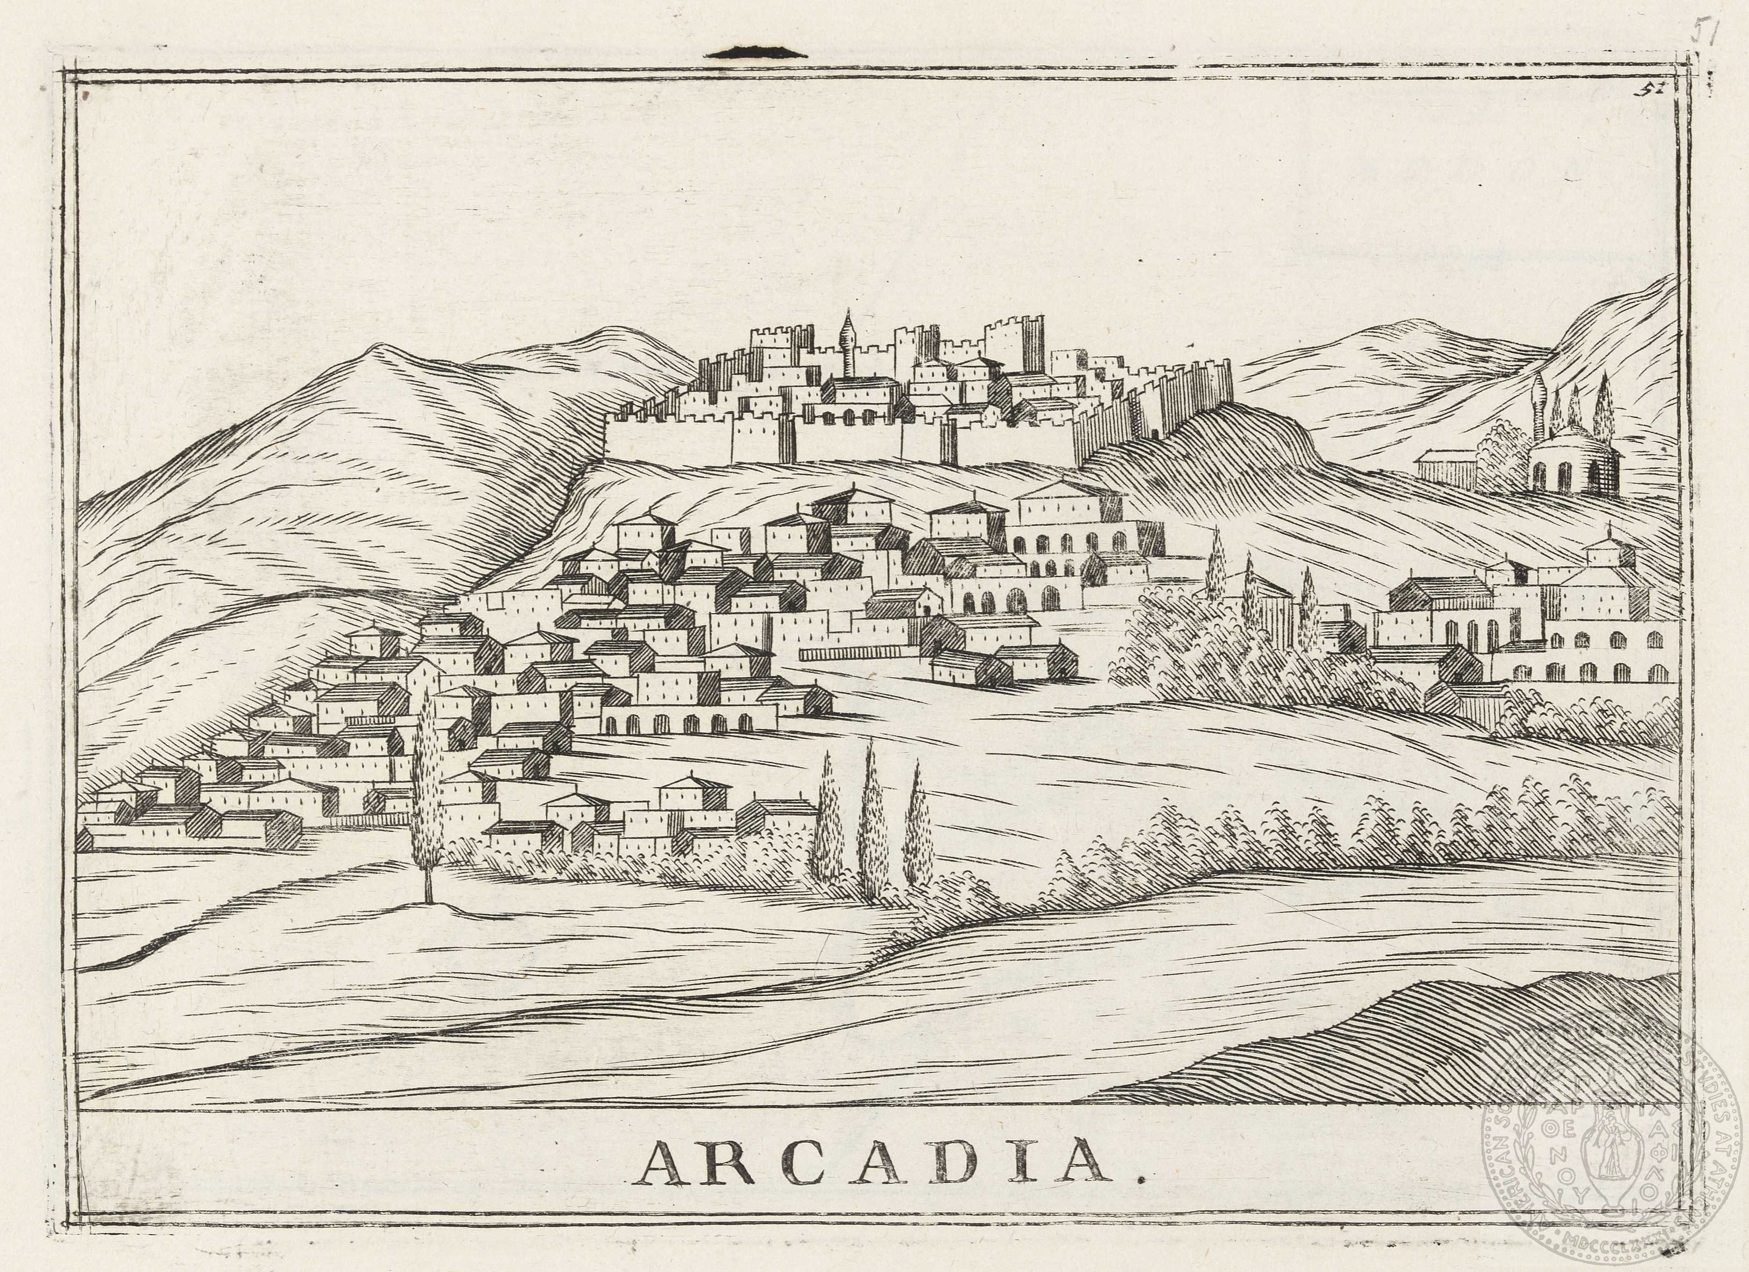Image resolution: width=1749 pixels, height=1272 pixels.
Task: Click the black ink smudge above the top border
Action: pos(756,53)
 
